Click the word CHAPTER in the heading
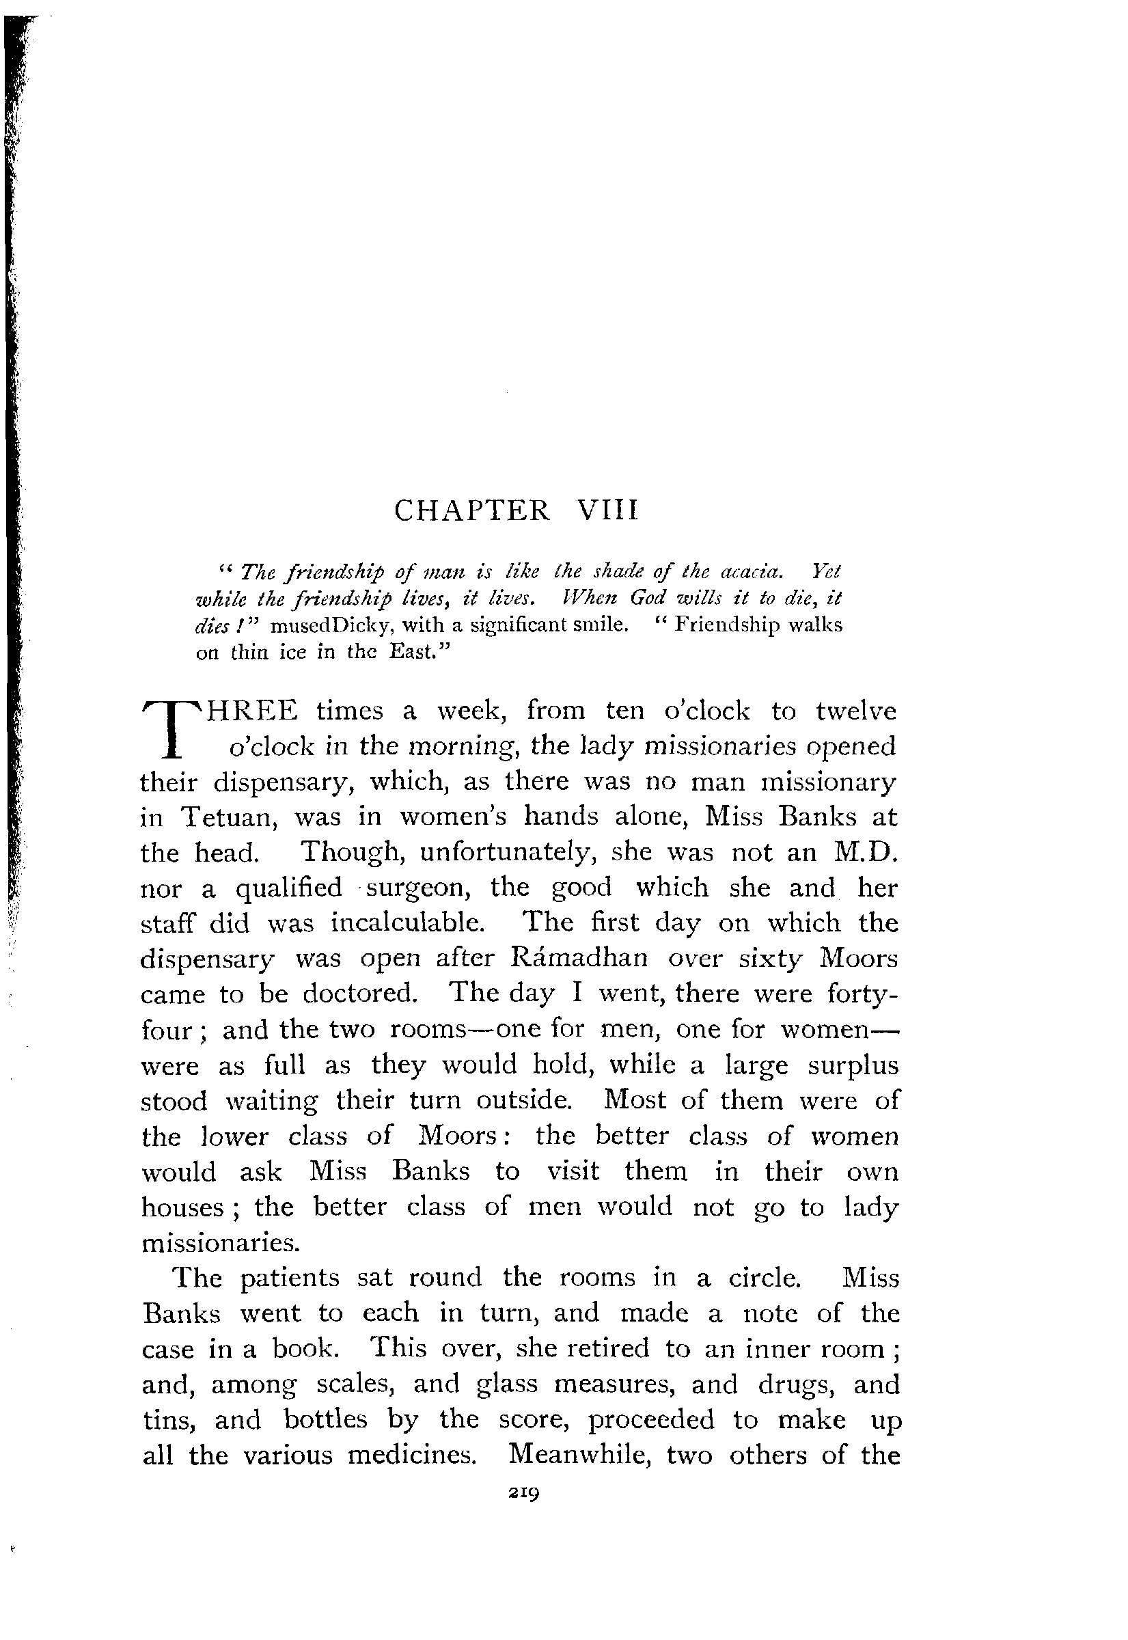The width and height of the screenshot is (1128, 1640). (x=471, y=510)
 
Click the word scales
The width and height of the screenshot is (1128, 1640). (x=355, y=1384)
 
